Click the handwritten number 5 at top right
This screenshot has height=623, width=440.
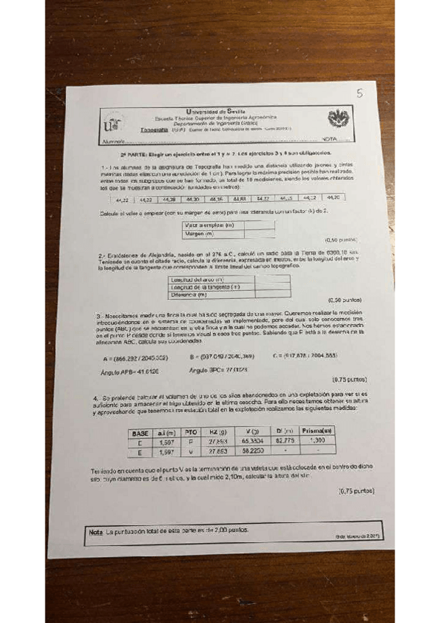[x=359, y=93]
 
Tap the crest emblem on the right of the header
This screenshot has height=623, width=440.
[x=339, y=119]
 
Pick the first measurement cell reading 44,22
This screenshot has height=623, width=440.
[x=122, y=198]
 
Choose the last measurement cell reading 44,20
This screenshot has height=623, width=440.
[x=333, y=198]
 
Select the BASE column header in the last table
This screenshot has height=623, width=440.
[x=140, y=433]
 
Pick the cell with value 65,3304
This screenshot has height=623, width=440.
[x=253, y=442]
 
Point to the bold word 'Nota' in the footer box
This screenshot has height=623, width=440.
[x=95, y=530]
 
